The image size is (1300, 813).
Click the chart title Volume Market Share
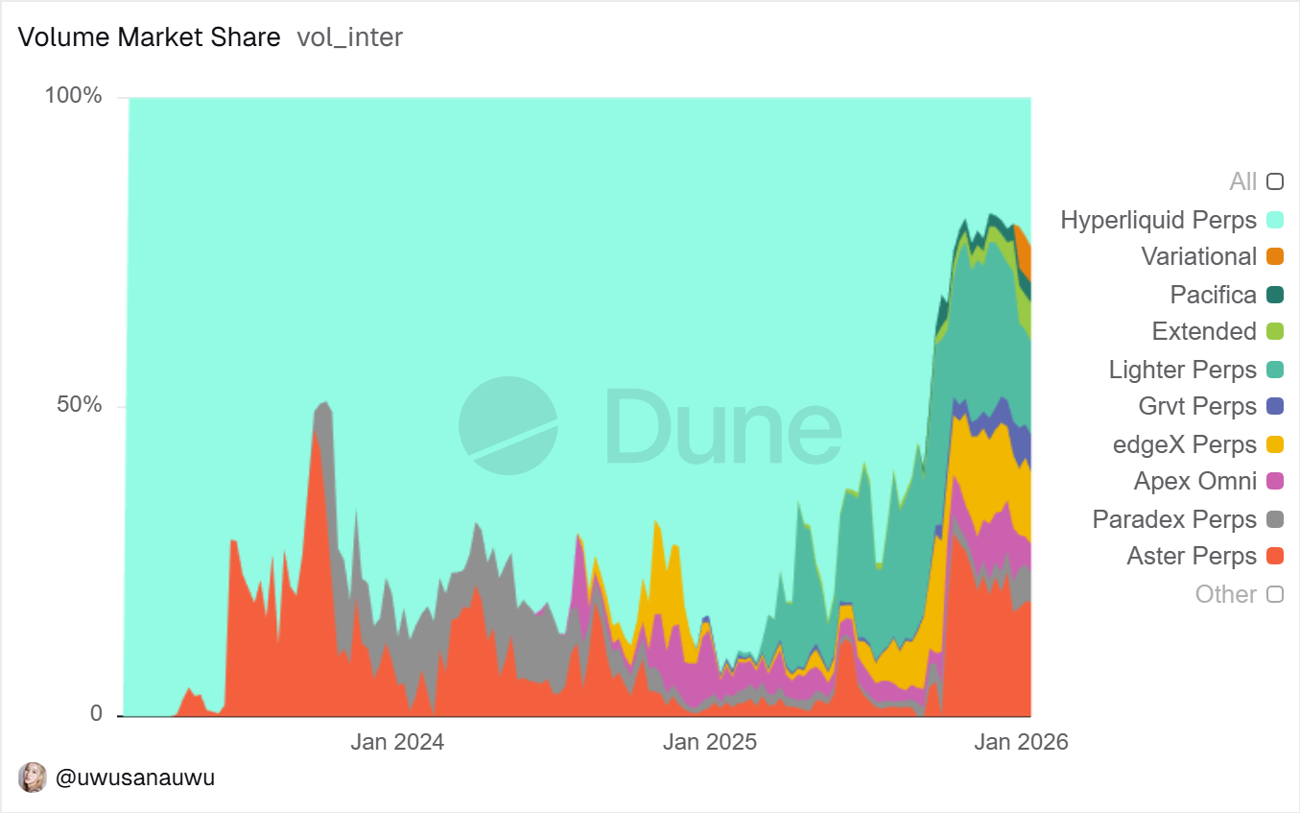(150, 37)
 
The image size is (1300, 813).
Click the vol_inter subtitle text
(349, 37)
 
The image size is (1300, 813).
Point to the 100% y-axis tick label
(73, 96)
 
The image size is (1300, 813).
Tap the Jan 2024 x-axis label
(396, 742)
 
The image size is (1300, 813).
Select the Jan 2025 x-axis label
(709, 742)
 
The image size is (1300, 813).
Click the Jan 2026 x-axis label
(1021, 742)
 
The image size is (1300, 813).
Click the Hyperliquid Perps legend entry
(1158, 220)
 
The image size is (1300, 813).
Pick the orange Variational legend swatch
(1275, 256)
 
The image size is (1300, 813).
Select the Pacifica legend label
(1213, 295)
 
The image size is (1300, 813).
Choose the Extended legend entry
(1204, 331)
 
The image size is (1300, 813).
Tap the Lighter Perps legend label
(1182, 370)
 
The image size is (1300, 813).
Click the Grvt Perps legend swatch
(1275, 406)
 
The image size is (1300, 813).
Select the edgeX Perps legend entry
(1185, 444)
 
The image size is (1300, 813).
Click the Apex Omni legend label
(1194, 481)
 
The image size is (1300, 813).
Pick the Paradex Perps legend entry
(1174, 519)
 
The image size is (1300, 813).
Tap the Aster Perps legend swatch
(1275, 556)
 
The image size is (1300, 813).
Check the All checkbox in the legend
(1275, 181)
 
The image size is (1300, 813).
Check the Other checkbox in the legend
(1275, 594)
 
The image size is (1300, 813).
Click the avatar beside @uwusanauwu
(33, 777)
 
